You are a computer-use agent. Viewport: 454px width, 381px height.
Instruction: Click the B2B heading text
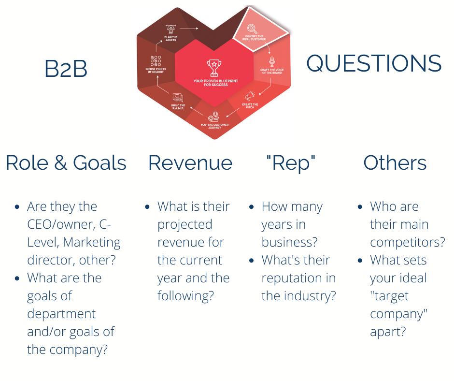click(66, 69)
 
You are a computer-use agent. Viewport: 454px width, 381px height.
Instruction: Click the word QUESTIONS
click(374, 63)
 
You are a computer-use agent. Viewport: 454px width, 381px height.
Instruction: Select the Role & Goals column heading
click(66, 163)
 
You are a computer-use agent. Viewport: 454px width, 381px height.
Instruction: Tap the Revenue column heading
click(190, 163)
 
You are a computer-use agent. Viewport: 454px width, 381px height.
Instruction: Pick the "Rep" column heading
click(290, 163)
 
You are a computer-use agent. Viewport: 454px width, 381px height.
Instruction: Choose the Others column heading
click(395, 163)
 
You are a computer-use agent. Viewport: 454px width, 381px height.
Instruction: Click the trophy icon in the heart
click(213, 67)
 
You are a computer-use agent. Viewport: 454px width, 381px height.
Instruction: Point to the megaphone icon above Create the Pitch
click(249, 96)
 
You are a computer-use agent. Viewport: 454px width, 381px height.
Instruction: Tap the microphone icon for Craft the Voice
click(271, 61)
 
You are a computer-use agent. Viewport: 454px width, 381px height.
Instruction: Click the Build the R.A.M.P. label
click(178, 106)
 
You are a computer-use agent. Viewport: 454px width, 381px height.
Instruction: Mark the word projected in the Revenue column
click(184, 224)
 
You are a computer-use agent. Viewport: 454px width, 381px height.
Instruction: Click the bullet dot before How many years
click(252, 207)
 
